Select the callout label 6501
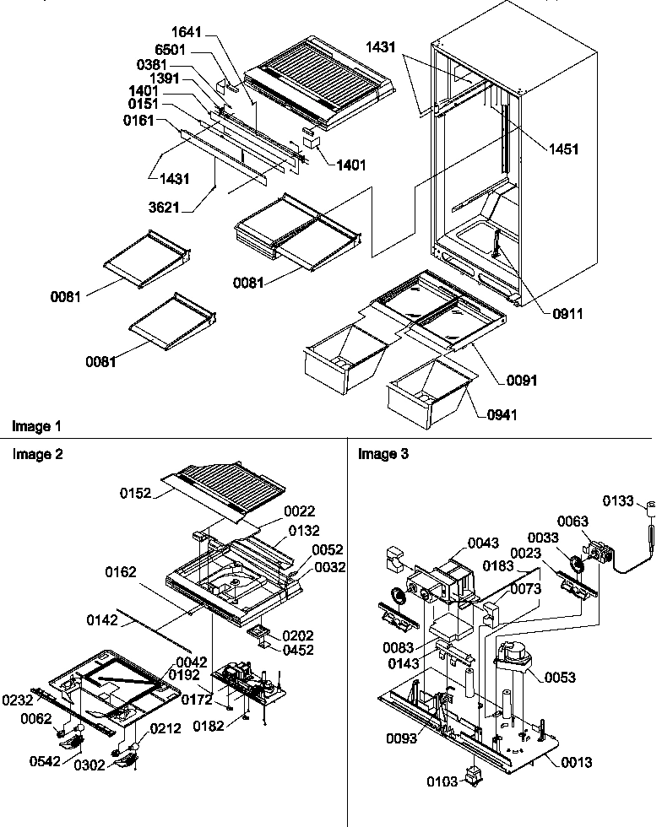tap(186, 50)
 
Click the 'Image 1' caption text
tap(36, 427)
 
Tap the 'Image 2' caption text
tap(36, 454)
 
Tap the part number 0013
tap(575, 762)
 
